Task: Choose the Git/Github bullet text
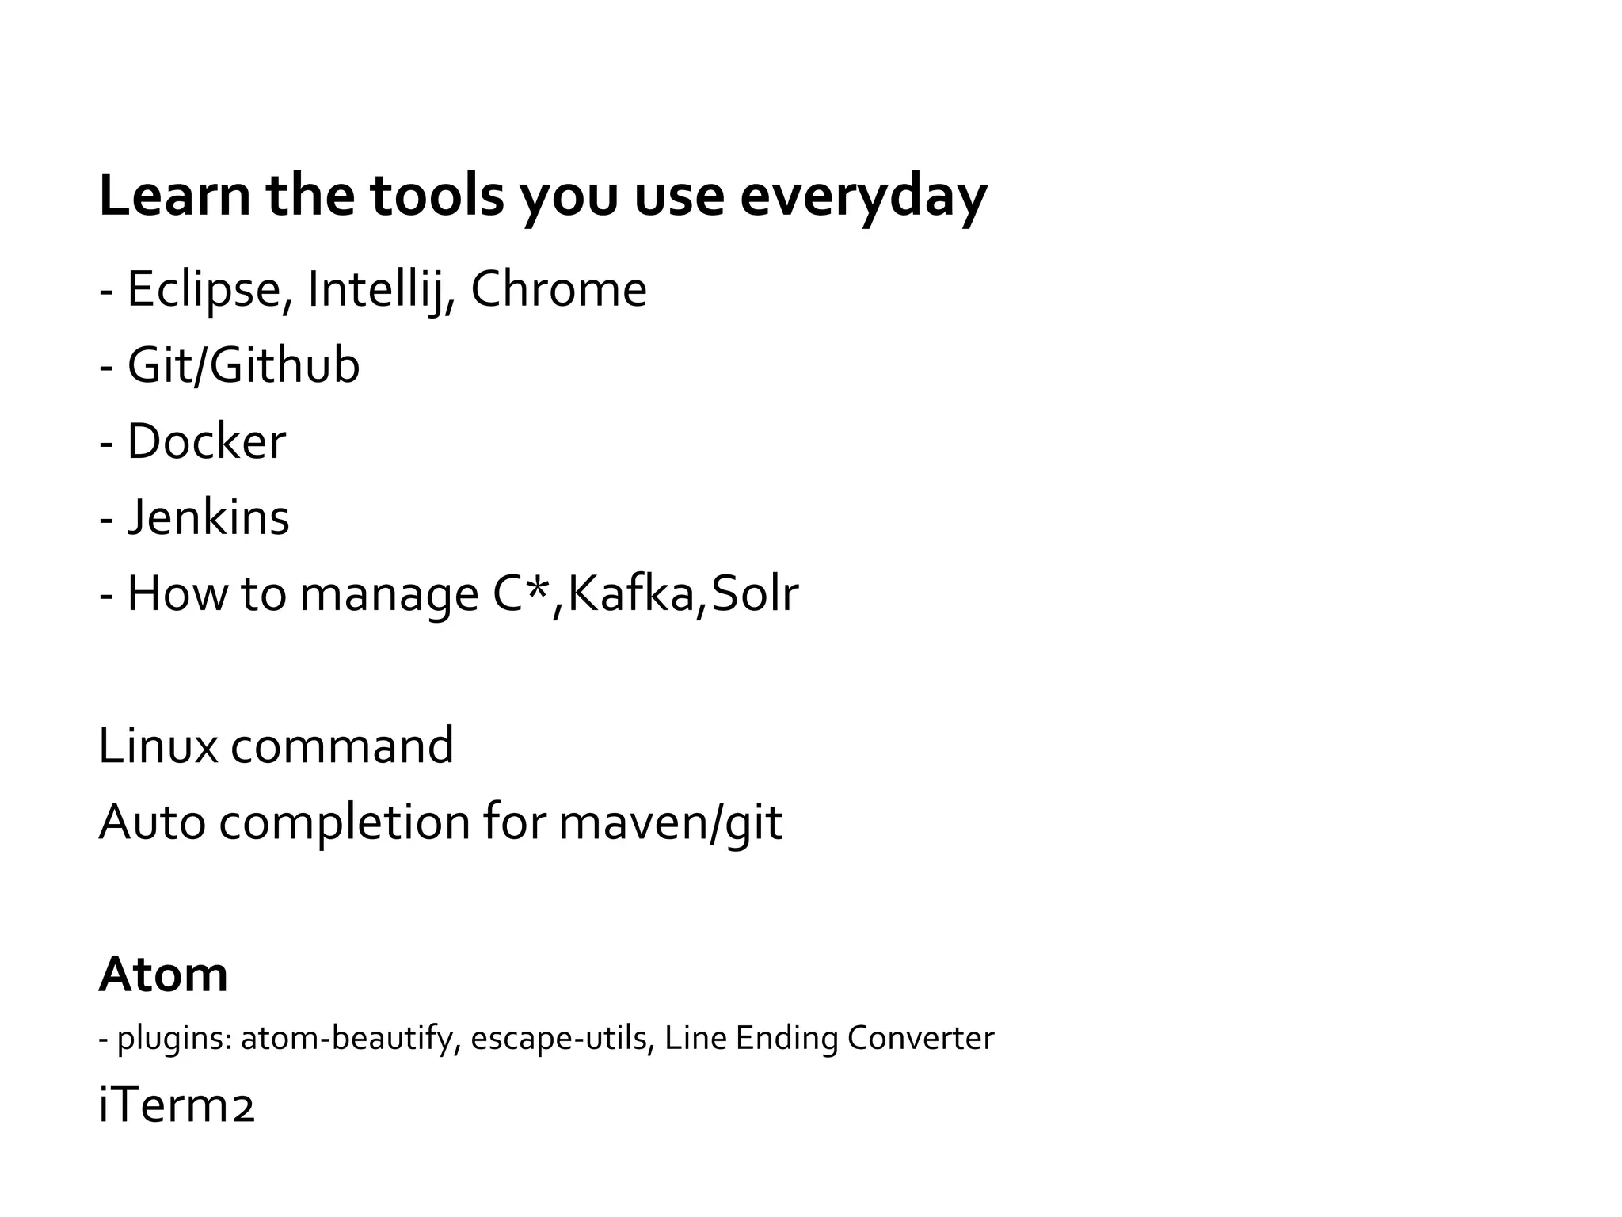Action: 243,365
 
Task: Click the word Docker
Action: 206,441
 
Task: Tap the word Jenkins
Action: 208,517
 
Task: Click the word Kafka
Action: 630,593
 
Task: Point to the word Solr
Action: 755,593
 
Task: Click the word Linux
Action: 158,746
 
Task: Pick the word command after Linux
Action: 342,746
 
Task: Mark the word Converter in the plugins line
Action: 920,1038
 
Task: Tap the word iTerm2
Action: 176,1107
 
